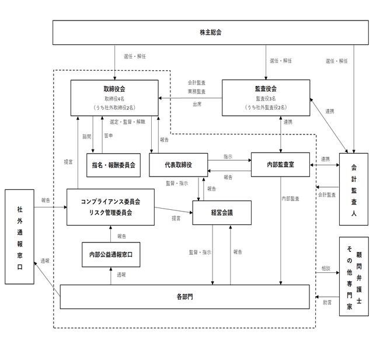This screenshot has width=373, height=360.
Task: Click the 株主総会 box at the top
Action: pos(211,32)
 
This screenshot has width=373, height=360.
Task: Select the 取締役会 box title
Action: pos(114,89)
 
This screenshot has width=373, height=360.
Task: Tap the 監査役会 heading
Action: pos(266,89)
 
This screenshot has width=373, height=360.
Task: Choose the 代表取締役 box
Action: pos(178,165)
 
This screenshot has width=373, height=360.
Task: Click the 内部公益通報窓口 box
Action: pos(111,254)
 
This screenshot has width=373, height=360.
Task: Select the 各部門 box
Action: pos(184,297)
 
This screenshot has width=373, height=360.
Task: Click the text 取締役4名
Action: pos(114,99)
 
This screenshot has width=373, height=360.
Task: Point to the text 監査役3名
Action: pos(266,99)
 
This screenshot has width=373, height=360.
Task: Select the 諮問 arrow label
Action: pos(86,136)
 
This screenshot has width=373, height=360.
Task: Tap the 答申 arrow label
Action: pos(109,136)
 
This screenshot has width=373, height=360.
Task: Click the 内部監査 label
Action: pos(291,199)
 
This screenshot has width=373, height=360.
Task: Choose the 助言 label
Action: pos(327,302)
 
